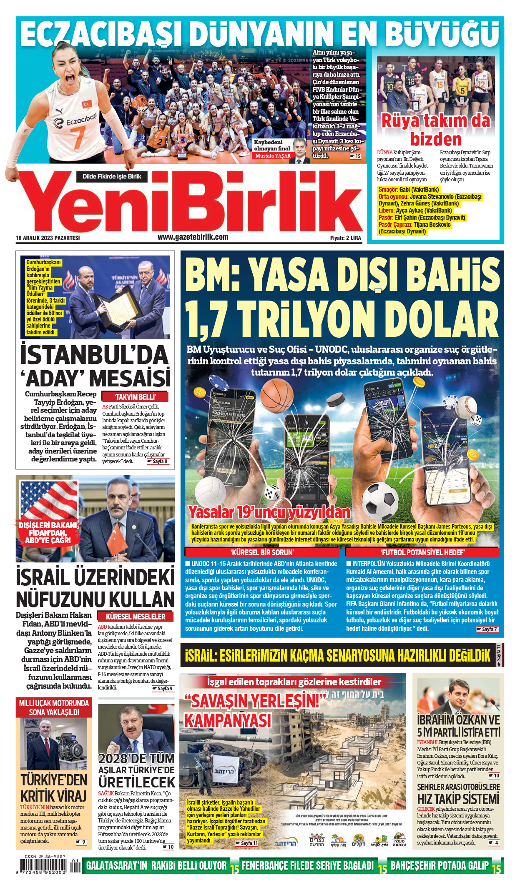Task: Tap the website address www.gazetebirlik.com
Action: (x=193, y=237)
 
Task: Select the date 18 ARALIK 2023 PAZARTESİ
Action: (x=48, y=238)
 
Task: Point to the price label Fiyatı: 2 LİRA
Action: (x=345, y=238)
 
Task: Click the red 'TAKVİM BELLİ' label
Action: (x=135, y=397)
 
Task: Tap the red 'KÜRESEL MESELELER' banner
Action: (x=136, y=616)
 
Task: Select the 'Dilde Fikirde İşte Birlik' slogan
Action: (x=111, y=176)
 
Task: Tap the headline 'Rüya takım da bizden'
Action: (x=436, y=130)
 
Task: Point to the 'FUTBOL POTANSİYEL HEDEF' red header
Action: (x=422, y=552)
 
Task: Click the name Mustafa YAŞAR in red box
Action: (x=273, y=156)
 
